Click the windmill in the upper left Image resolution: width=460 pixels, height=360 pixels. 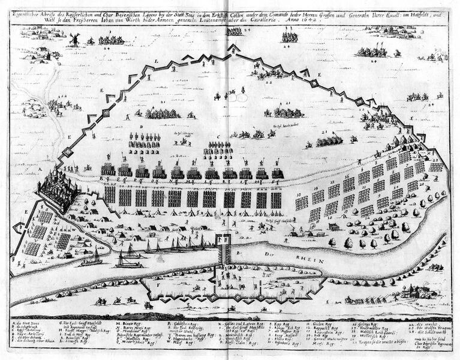[74, 40]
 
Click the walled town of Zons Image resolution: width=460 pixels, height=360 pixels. [58, 188]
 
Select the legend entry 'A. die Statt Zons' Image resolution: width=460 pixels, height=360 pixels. [27, 323]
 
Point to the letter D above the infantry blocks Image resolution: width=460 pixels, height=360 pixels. [141, 127]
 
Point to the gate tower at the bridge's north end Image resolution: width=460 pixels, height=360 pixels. [224, 241]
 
